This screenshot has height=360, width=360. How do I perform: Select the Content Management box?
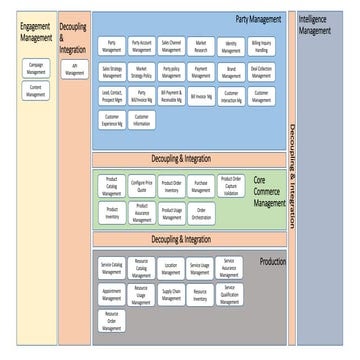pyautogui.click(x=35, y=92)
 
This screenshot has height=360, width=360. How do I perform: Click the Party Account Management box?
pyautogui.click(x=141, y=46)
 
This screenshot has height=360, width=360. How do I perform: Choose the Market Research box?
pyautogui.click(x=201, y=46)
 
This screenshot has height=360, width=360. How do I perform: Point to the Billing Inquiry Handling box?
pyautogui.click(x=261, y=46)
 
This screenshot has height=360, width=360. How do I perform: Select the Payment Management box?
pyautogui.click(x=201, y=72)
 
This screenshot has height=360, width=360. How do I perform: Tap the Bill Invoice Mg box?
pyautogui.click(x=201, y=97)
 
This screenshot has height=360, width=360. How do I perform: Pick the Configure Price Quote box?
pyautogui.click(x=141, y=185)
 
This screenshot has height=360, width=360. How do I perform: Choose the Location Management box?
pyautogui.click(x=171, y=267)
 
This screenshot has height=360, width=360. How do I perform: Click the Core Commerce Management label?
pyautogui.click(x=268, y=188)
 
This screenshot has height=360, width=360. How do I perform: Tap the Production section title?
pyautogui.click(x=271, y=260)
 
